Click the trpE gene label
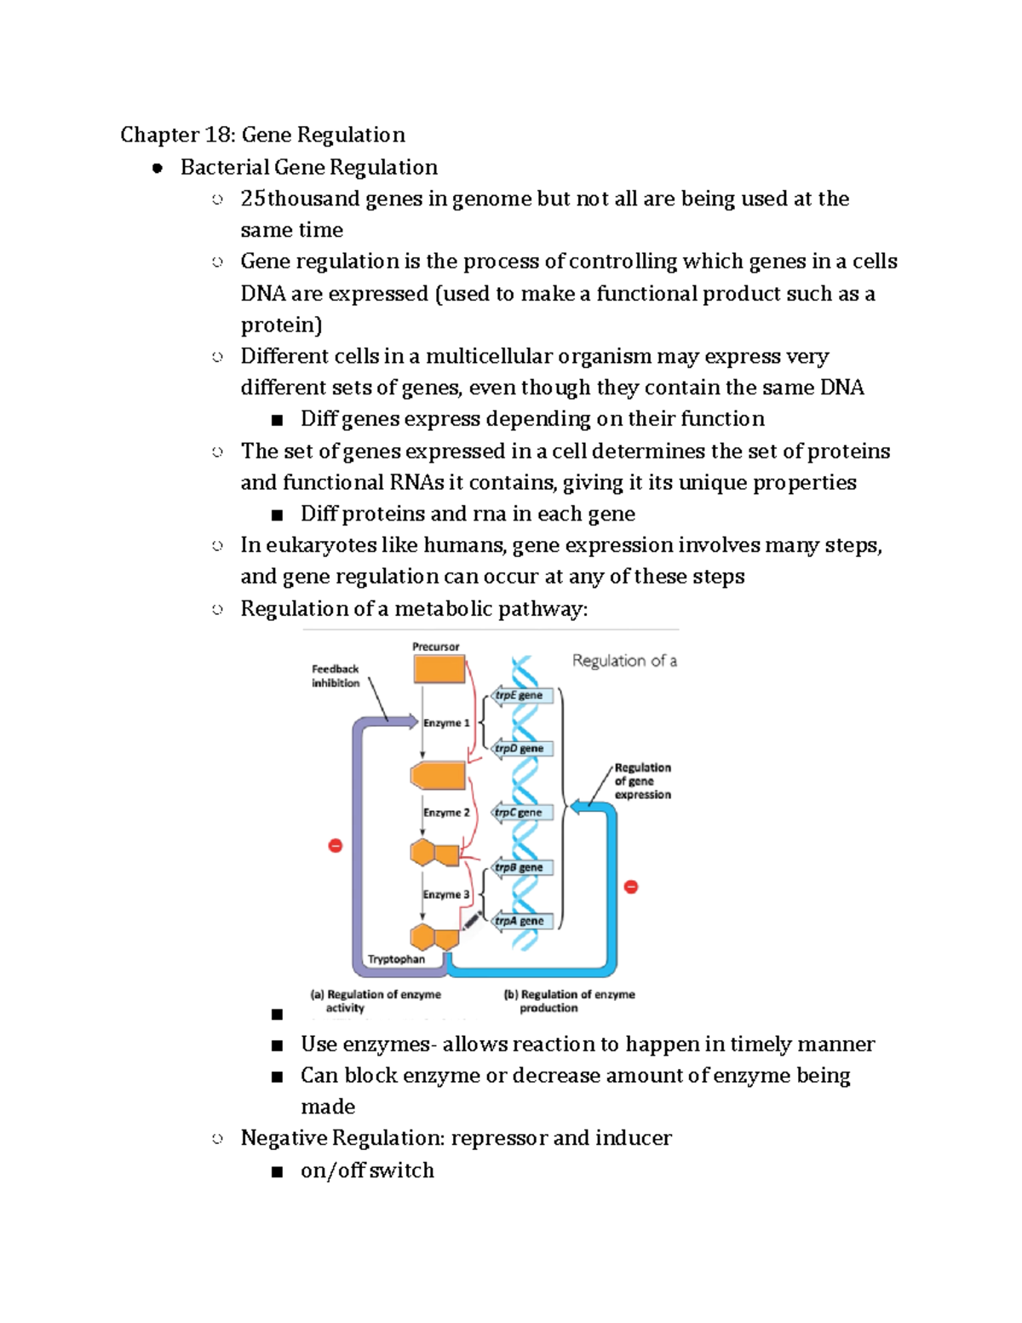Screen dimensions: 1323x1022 click(x=520, y=695)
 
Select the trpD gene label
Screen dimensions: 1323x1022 click(x=520, y=748)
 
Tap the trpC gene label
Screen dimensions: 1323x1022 click(x=520, y=812)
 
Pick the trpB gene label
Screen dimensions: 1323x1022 click(x=520, y=867)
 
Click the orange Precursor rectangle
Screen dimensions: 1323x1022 click(x=439, y=669)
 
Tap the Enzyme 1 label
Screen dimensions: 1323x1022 click(x=446, y=722)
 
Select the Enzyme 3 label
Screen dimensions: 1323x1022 click(x=446, y=894)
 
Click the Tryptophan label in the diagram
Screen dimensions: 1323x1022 click(x=396, y=959)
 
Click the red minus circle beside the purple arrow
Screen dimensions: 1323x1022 click(x=335, y=845)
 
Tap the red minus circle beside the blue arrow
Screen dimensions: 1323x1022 click(x=631, y=887)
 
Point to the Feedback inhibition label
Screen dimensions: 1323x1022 click(x=335, y=676)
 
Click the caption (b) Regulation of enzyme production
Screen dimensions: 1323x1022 click(x=569, y=1001)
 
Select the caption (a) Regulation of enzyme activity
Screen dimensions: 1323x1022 click(x=375, y=1001)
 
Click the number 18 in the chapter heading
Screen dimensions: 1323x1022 click(x=214, y=135)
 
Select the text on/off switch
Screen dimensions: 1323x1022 click(x=367, y=1171)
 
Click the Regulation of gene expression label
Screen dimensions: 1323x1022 click(x=642, y=781)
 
